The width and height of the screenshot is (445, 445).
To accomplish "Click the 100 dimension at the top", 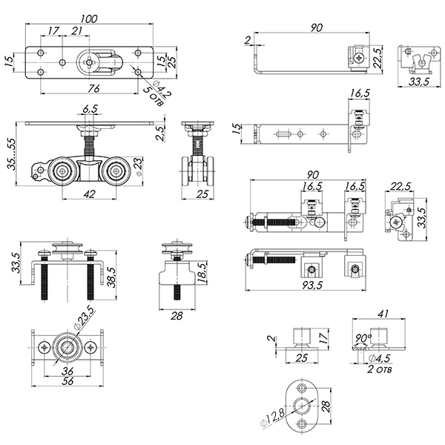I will pyautogui.click(x=89, y=18).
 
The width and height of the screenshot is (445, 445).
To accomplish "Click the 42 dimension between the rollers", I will pyautogui.click(x=89, y=194).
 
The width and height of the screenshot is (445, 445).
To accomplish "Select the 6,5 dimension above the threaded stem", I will pyautogui.click(x=90, y=110).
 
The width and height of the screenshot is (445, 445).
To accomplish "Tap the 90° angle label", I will pyautogui.click(x=364, y=338).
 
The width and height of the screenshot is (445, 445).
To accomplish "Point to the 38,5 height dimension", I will pyautogui.click(x=112, y=277).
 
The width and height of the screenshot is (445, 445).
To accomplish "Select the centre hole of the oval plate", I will pyautogui.click(x=303, y=405).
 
